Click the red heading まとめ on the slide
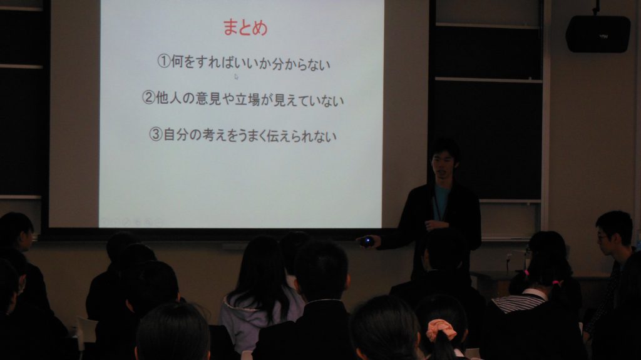coord(245,28)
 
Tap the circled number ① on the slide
coord(163,62)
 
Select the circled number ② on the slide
coord(148,99)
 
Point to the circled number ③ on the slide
coord(155,135)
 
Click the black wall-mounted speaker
coord(598,34)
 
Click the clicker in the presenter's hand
coord(367,241)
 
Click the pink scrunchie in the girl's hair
coord(442,329)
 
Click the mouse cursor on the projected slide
coord(236,77)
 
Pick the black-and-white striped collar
coord(516,302)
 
